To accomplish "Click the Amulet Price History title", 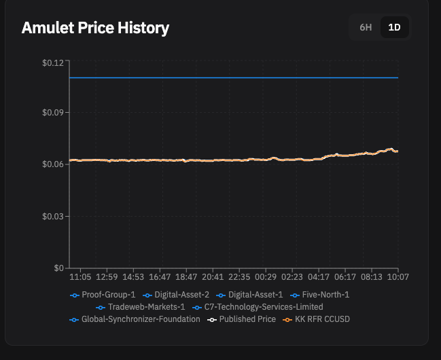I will point(95,28).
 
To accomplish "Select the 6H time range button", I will point(366,28).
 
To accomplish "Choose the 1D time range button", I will point(394,28).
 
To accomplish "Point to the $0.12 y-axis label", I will point(52,62).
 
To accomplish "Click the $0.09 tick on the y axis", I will point(52,112).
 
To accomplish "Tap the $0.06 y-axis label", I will point(52,164).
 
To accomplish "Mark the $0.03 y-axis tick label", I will point(52,216).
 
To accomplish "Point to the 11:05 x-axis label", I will point(81,277).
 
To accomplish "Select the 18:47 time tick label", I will point(186,277).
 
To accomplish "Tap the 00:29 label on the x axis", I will point(266,277).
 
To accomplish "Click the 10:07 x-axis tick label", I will point(398,277).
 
